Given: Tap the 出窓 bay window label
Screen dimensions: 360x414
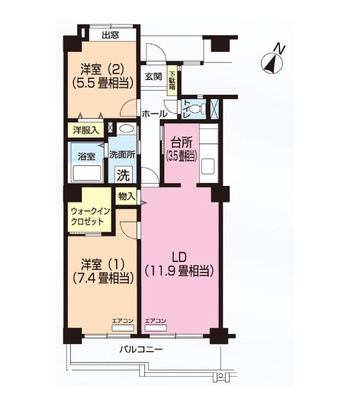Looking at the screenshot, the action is pyautogui.click(x=111, y=35).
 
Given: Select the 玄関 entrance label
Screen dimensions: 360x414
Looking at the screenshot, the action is pyautogui.click(x=153, y=76).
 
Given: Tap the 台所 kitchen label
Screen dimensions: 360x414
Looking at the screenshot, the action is pyautogui.click(x=181, y=143).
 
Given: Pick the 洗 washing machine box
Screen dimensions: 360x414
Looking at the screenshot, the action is pyautogui.click(x=123, y=175).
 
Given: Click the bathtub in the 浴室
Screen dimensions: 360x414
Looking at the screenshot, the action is pyautogui.click(x=87, y=173).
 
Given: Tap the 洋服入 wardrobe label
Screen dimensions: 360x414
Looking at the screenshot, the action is pyautogui.click(x=86, y=130).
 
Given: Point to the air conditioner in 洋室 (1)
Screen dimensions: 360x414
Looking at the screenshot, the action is pyautogui.click(x=123, y=328).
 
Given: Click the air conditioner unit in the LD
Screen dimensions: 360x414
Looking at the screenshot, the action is pyautogui.click(x=156, y=328).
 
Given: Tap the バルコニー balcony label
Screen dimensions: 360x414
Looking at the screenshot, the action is pyautogui.click(x=141, y=350).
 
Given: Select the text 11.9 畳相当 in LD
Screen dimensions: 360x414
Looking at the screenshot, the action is pyautogui.click(x=179, y=271).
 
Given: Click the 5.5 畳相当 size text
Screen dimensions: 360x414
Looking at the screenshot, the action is pyautogui.click(x=102, y=83).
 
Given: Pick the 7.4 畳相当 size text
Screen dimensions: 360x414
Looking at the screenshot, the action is pyautogui.click(x=102, y=278).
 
